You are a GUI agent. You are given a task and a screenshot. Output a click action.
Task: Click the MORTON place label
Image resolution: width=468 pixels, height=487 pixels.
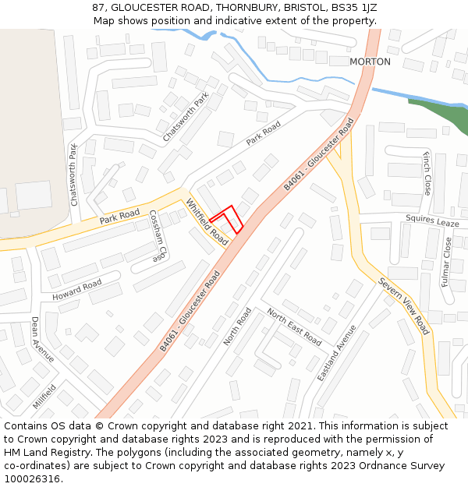[370, 62]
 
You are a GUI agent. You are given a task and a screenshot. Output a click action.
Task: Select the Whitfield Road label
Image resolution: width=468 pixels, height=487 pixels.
[207, 222]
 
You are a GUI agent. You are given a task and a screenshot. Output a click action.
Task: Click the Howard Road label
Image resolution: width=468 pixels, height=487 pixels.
[77, 291]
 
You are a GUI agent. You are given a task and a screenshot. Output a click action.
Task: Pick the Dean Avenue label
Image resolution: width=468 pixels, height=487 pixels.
[43, 339]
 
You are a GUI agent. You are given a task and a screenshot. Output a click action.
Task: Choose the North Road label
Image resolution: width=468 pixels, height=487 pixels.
[237, 326]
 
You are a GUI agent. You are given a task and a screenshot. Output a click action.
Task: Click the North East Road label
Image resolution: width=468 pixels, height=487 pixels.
[294, 326]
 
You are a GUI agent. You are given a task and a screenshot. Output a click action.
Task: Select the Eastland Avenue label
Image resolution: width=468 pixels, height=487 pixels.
[336, 352]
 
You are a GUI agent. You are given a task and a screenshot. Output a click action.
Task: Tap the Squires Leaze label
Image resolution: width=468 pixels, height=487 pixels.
[432, 222]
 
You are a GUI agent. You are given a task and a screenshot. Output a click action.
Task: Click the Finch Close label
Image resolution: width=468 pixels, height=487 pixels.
[427, 173]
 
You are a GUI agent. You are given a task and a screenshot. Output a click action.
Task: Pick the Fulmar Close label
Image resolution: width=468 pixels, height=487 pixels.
[447, 262]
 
